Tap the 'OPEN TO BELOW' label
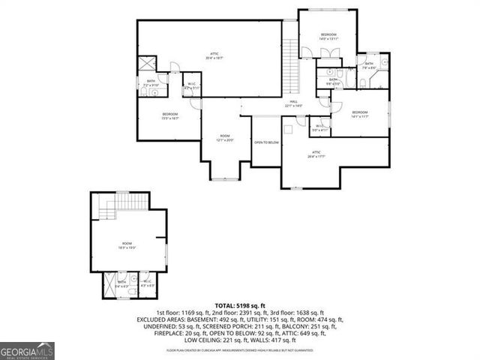coord(266,142)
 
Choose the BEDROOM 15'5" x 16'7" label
coord(169,115)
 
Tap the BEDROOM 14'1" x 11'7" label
coord(359,114)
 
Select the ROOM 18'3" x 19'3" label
coord(127,244)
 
